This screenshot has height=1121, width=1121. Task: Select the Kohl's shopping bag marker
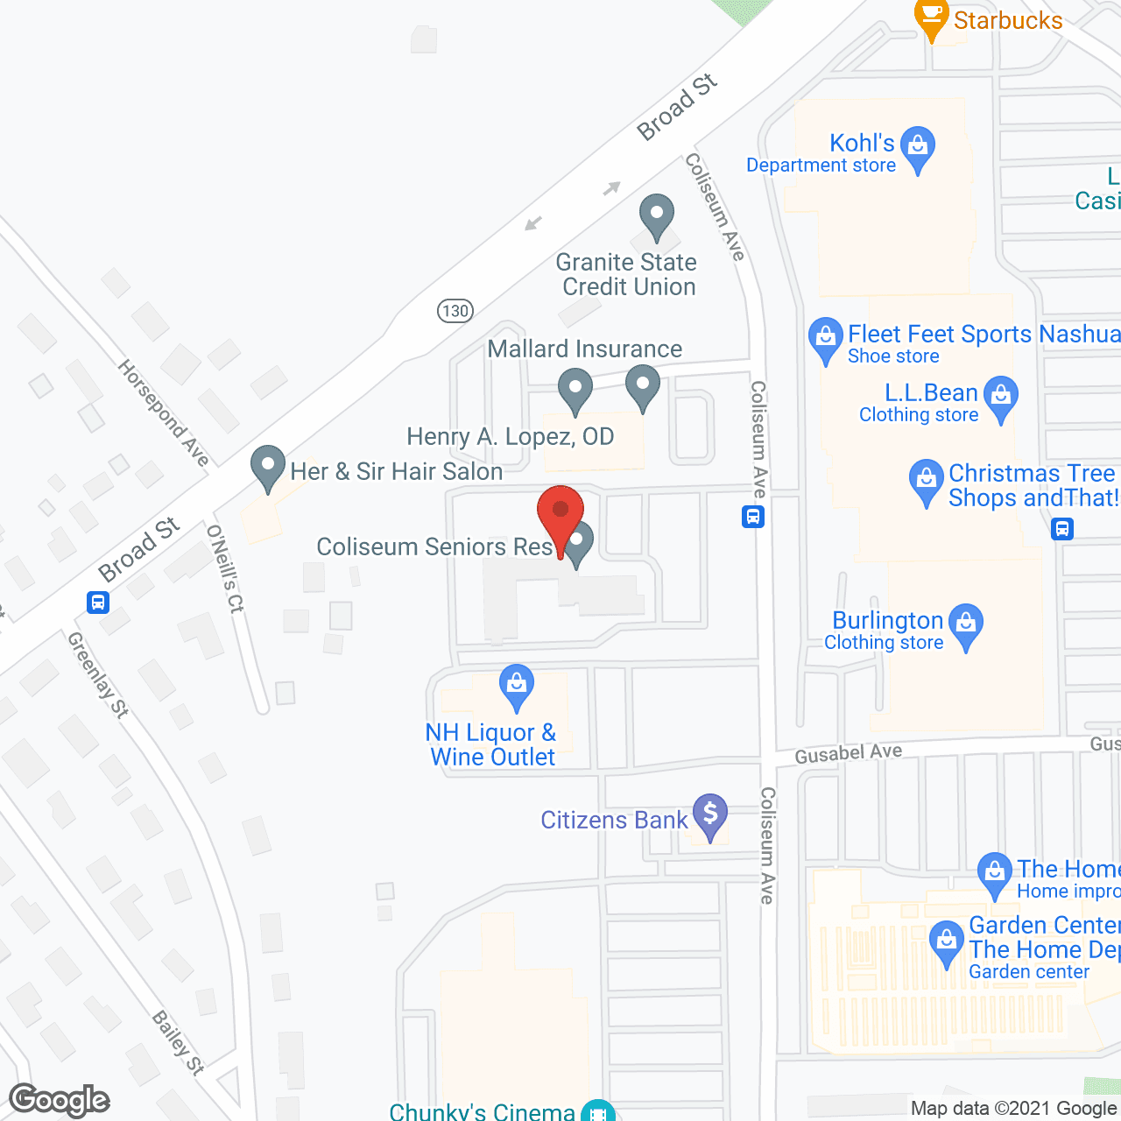(918, 147)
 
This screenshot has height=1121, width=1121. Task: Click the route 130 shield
(455, 310)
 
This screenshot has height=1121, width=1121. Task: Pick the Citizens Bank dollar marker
(710, 814)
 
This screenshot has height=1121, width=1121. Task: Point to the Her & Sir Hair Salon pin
(268, 466)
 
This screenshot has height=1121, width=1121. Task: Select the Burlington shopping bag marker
(966, 624)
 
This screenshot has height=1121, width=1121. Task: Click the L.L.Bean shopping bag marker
(1001, 396)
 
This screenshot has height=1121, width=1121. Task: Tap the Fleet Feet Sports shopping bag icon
(825, 337)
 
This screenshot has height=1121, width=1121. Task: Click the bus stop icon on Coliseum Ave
(753, 517)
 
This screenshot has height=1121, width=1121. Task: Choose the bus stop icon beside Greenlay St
(98, 603)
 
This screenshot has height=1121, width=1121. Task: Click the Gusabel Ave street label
(848, 753)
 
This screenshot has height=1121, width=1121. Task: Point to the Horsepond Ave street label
(164, 412)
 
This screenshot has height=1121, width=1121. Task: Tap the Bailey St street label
(178, 1042)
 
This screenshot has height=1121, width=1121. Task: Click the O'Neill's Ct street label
(225, 568)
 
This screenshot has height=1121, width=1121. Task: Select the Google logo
(60, 1100)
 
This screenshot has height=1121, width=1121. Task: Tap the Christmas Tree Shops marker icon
(926, 480)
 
